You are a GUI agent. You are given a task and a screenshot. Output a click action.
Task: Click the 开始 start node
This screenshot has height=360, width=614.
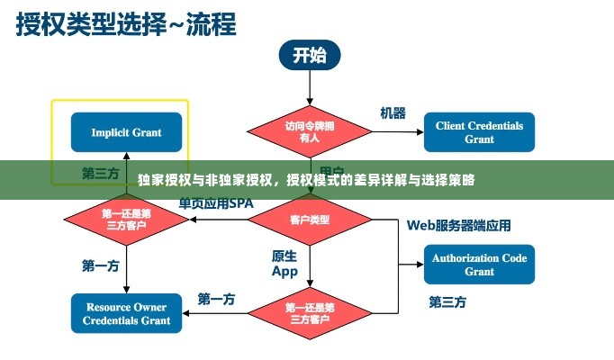tap(309, 55)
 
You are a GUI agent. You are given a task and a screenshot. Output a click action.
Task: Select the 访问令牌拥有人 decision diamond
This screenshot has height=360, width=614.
tap(309, 132)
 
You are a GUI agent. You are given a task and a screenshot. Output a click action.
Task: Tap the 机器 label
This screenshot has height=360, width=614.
tap(393, 113)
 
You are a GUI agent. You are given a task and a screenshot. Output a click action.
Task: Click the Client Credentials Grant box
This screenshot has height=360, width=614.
tap(479, 132)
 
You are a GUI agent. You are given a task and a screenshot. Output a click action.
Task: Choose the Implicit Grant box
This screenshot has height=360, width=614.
tap(126, 132)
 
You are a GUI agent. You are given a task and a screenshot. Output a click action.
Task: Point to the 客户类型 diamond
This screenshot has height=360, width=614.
tap(309, 220)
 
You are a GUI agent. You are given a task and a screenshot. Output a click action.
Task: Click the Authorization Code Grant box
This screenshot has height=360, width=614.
tap(479, 265)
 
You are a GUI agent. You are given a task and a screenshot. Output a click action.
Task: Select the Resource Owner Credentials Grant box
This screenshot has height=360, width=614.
tap(126, 313)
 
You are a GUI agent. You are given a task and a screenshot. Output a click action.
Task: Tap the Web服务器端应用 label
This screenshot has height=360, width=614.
tap(458, 225)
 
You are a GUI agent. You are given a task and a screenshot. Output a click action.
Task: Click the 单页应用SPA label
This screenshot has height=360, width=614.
tap(216, 203)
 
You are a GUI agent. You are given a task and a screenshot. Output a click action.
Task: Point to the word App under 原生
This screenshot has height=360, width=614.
tap(284, 271)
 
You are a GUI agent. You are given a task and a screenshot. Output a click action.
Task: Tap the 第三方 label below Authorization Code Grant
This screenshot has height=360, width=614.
tap(447, 301)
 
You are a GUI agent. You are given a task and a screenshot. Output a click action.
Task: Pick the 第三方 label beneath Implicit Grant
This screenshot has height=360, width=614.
tap(101, 173)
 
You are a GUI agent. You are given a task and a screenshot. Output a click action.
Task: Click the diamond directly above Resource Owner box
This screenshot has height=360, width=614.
tap(126, 220)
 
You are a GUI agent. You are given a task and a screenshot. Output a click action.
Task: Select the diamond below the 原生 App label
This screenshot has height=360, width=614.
tap(309, 313)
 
